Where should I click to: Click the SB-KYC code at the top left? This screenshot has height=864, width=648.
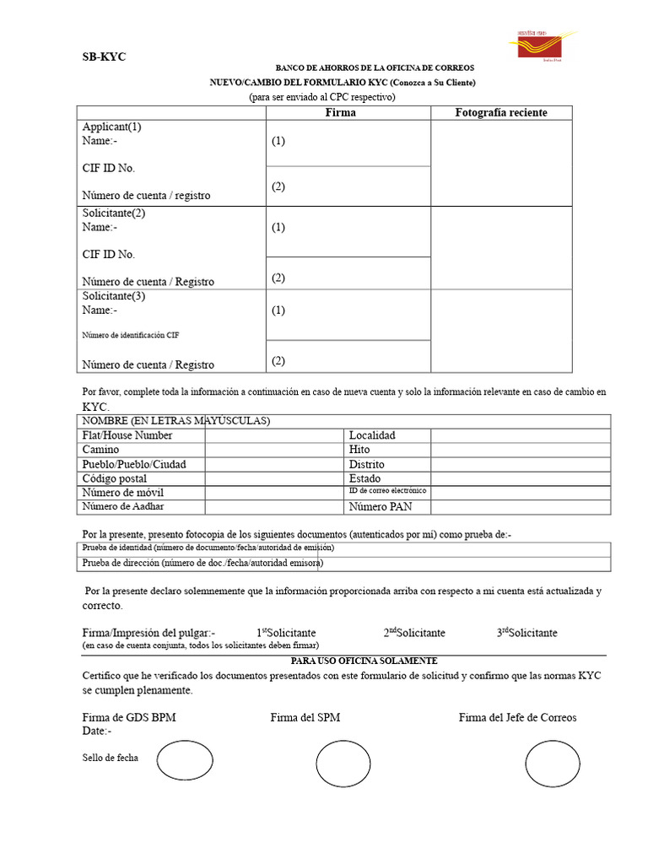pos(104,57)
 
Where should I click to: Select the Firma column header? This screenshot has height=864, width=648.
pos(340,112)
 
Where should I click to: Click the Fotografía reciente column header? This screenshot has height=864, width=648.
pos(501,112)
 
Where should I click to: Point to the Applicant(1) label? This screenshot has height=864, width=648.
pos(111,127)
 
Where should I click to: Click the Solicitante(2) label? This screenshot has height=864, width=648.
pos(114,213)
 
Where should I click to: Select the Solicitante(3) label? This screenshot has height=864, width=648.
pos(114,296)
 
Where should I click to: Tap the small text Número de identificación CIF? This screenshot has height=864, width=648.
pos(130,335)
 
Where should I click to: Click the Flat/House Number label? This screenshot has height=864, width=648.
pos(127,435)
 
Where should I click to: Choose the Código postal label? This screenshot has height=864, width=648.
pos(114,478)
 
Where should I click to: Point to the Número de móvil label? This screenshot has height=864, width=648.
pos(122,493)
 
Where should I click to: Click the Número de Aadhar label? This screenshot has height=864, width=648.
pos(123,506)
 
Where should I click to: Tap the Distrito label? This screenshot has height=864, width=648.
pos(367,464)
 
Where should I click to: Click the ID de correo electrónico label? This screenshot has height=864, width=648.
pos(387,490)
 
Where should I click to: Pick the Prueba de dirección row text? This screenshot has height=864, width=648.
pos(202,564)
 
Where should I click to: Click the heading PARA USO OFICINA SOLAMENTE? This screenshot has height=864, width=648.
pos(364,661)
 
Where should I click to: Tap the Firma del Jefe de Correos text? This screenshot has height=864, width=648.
pos(517,717)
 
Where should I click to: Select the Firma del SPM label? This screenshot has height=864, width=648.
pos(305,717)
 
